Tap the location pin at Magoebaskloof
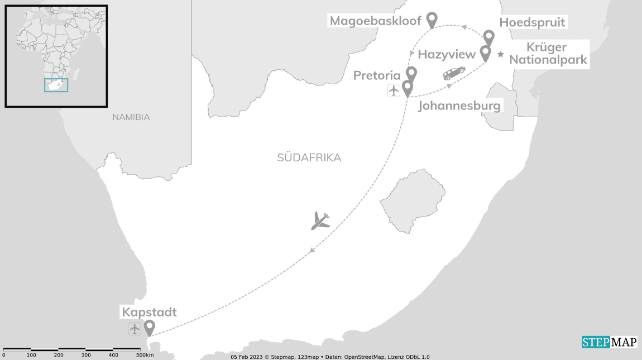(432, 20)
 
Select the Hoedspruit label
(533, 22)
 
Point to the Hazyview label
(447, 54)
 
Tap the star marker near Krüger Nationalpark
(501, 54)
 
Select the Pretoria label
(377, 75)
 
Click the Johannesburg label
(459, 105)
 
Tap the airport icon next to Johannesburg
(394, 90)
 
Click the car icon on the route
(454, 74)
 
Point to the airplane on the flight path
(320, 220)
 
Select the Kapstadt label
(148, 312)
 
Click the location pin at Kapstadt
(149, 327)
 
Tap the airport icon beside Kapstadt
(135, 329)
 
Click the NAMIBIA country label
(131, 117)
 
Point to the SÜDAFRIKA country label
(309, 157)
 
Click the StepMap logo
(610, 342)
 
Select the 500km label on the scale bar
(145, 355)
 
